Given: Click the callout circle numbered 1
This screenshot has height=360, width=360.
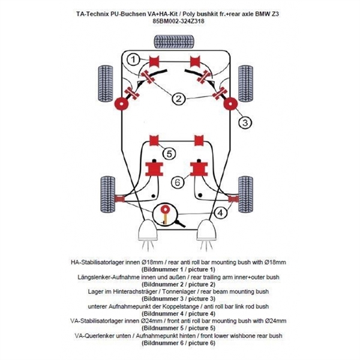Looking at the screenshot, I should (x=134, y=59).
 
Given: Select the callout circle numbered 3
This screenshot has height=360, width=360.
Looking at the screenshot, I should (x=244, y=122).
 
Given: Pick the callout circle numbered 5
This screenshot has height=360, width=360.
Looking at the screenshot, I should (x=170, y=154).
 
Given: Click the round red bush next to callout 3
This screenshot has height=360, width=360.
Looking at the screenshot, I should (x=229, y=104).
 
